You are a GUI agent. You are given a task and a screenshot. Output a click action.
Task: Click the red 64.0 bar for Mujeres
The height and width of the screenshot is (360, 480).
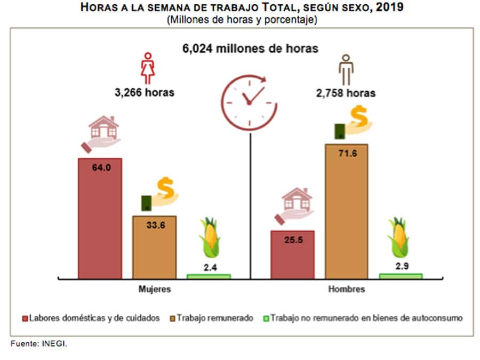pos(100,219)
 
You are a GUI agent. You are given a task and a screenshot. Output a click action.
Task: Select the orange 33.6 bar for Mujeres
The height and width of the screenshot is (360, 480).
pos(154,248)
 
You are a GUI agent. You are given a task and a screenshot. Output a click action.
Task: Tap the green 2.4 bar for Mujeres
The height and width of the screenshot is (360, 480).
pos(209,276)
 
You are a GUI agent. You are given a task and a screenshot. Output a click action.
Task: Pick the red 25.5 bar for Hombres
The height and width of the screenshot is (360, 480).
pos(292,255)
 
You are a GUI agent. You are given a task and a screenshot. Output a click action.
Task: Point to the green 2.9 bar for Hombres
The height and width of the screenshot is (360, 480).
pos(401,276)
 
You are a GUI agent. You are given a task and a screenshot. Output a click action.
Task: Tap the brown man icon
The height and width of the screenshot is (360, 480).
pos(347,69)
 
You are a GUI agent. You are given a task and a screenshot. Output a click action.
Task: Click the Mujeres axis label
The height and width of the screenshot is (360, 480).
pos(155,290)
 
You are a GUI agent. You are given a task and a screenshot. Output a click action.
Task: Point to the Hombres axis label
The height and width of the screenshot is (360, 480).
pos(347,290)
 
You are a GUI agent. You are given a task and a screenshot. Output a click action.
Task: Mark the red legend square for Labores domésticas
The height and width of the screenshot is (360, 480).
pos(25,318)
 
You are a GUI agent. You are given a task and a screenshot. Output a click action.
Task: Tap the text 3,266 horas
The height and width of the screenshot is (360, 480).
pos(144,92)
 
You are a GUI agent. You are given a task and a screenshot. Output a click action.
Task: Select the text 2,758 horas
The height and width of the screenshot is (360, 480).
pos(346,93)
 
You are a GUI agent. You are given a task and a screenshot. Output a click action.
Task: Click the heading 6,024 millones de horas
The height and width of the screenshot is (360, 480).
pos(251,48)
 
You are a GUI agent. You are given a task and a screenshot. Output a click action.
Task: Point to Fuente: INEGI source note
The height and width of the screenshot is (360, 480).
pos(39,344)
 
